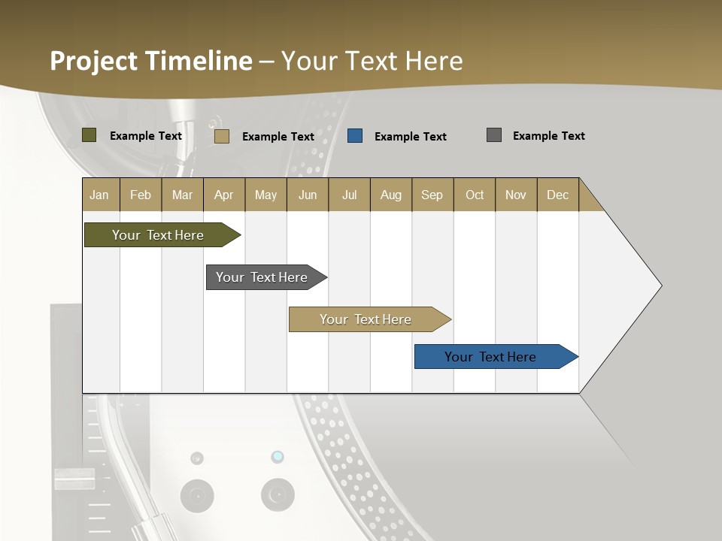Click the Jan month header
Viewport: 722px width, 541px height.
[x=99, y=195]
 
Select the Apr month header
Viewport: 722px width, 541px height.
[x=223, y=195]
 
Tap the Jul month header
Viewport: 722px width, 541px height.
[x=349, y=195]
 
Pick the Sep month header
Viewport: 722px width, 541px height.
[x=432, y=195]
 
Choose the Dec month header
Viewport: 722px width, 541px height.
[x=557, y=195]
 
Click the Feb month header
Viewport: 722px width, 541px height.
[x=141, y=195]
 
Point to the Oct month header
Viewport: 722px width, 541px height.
[x=475, y=195]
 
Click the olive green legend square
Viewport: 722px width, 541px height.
[x=89, y=135]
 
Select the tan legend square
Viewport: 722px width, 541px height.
[x=222, y=136]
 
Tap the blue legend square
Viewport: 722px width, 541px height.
[x=355, y=136]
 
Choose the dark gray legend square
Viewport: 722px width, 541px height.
[x=494, y=135]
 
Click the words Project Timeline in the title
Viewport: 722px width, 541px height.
[x=151, y=61]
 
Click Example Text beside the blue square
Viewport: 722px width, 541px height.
[x=410, y=137]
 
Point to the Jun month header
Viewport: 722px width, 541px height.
[x=308, y=195]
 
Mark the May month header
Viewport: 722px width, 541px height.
[x=265, y=195]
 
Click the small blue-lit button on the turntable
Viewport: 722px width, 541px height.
[x=278, y=457]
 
